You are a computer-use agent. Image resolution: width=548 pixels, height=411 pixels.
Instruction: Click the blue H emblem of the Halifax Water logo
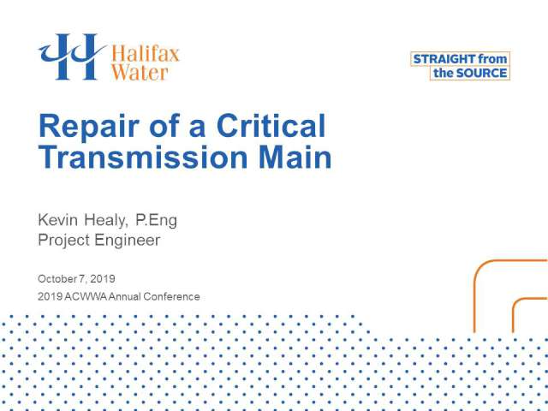[x=72, y=57]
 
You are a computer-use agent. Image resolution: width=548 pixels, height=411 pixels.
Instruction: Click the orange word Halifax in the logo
[x=145, y=54]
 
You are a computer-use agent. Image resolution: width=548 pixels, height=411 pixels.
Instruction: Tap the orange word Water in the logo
[x=140, y=72]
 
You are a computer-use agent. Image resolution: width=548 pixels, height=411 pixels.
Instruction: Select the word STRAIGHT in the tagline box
[x=444, y=59]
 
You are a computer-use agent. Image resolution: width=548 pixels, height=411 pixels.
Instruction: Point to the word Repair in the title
[x=89, y=128]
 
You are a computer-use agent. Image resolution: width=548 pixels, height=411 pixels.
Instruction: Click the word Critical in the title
[x=271, y=126]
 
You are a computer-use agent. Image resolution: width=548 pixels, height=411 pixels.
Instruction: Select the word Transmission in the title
[x=144, y=157]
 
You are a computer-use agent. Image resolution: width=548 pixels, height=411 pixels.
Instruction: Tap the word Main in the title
[x=295, y=157]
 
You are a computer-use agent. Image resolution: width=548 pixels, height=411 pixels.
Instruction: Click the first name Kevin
[x=57, y=220]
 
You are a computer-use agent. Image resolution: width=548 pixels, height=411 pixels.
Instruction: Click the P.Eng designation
[x=156, y=221]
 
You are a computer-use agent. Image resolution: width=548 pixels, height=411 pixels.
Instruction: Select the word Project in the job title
[x=63, y=241]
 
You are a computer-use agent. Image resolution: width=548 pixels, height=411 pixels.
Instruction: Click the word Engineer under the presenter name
[x=128, y=241]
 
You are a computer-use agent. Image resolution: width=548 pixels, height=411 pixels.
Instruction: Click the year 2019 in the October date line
[x=103, y=279]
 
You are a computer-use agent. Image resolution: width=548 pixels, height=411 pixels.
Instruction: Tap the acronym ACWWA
[x=86, y=297]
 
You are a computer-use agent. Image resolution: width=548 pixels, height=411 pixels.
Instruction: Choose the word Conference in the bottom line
[x=171, y=297]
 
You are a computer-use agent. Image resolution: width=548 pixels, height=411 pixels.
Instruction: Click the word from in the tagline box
[x=492, y=59]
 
